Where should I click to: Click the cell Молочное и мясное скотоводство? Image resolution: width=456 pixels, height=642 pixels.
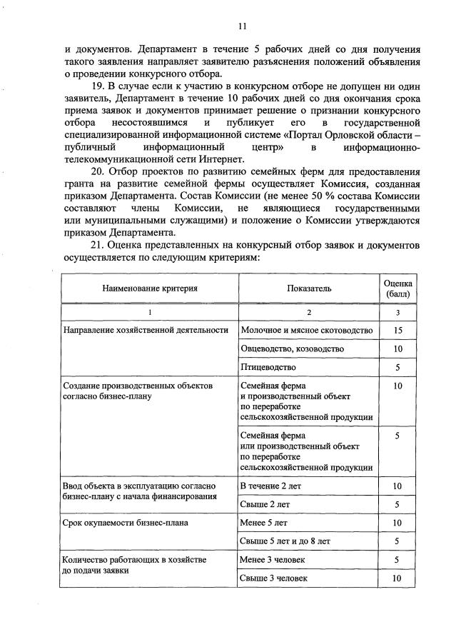pos(307,330)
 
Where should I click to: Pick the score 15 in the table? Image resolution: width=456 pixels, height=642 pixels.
pos(397,330)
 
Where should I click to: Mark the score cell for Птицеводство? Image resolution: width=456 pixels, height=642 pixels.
pos(397,367)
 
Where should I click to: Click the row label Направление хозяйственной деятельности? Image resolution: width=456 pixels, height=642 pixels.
pos(146,330)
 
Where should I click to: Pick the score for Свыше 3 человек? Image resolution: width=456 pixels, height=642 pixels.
pos(397,578)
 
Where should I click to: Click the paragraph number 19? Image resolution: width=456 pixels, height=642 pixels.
pos(95,87)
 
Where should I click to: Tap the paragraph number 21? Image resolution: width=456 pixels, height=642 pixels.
pos(96,245)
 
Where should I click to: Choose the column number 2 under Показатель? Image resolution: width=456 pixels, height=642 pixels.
pos(309,313)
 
